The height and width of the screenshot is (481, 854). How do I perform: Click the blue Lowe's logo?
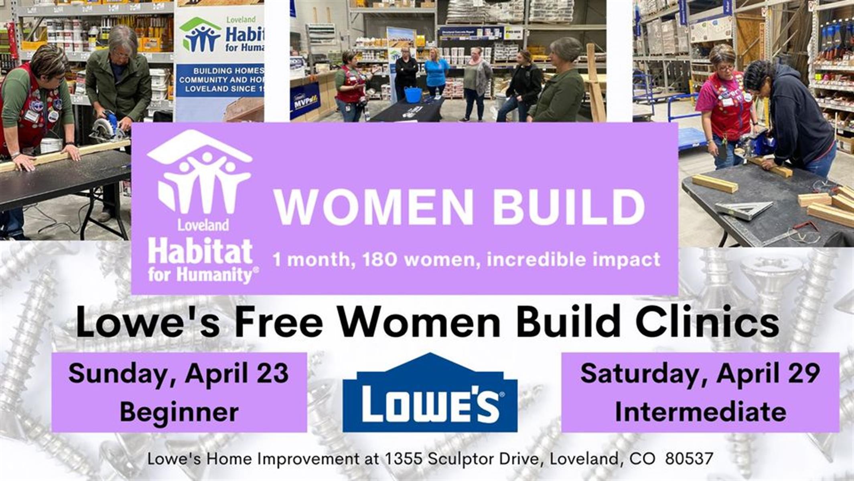point(430,393)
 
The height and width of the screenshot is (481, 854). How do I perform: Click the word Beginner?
point(179,412)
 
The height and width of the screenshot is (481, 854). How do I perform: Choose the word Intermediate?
point(700,412)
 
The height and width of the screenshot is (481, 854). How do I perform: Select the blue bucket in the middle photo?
point(413,94)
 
